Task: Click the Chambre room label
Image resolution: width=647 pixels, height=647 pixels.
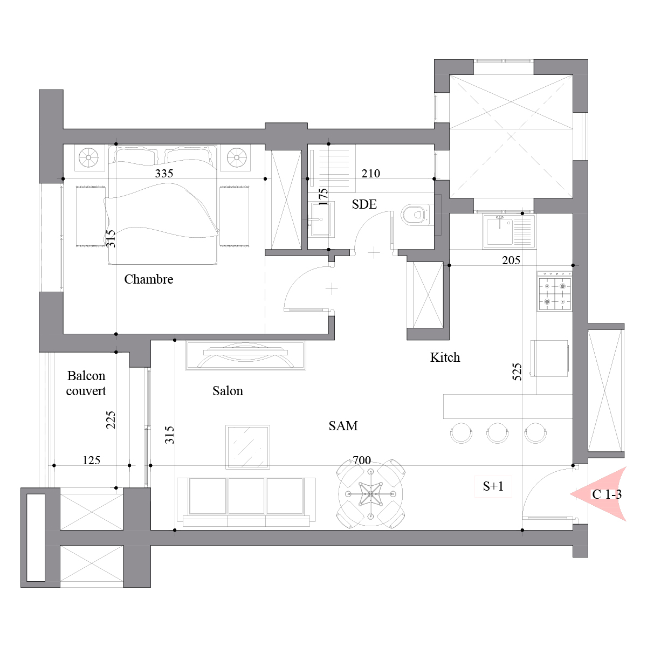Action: pyautogui.click(x=149, y=279)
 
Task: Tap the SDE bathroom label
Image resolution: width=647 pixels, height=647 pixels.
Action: pyautogui.click(x=364, y=204)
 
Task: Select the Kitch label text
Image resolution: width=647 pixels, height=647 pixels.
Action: pyautogui.click(x=445, y=357)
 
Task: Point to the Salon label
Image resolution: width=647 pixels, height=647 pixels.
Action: pyautogui.click(x=228, y=391)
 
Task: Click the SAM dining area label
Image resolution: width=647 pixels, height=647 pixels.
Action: pyautogui.click(x=343, y=426)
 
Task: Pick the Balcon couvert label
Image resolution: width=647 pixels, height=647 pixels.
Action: pyautogui.click(x=86, y=383)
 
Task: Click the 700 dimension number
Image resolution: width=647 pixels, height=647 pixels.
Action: pyautogui.click(x=362, y=460)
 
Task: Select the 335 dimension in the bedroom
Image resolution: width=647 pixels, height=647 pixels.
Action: pyautogui.click(x=164, y=173)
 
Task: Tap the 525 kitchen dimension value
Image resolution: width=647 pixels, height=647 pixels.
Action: pyautogui.click(x=517, y=371)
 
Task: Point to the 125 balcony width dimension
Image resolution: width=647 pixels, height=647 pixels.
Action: pyautogui.click(x=91, y=460)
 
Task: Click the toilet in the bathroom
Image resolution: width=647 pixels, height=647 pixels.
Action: pyautogui.click(x=415, y=215)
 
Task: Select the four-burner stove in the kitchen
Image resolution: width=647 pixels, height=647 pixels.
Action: pyautogui.click(x=554, y=292)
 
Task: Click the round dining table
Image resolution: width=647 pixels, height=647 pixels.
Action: pyautogui.click(x=370, y=494)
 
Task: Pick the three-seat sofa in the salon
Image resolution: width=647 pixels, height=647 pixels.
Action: pyautogui.click(x=246, y=502)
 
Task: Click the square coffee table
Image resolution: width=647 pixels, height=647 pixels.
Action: pyautogui.click(x=248, y=447)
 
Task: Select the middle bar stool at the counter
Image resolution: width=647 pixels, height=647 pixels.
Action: pyautogui.click(x=497, y=433)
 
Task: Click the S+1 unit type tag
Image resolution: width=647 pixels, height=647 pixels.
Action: pyautogui.click(x=493, y=486)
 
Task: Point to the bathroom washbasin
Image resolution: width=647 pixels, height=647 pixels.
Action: pyautogui.click(x=321, y=219)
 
